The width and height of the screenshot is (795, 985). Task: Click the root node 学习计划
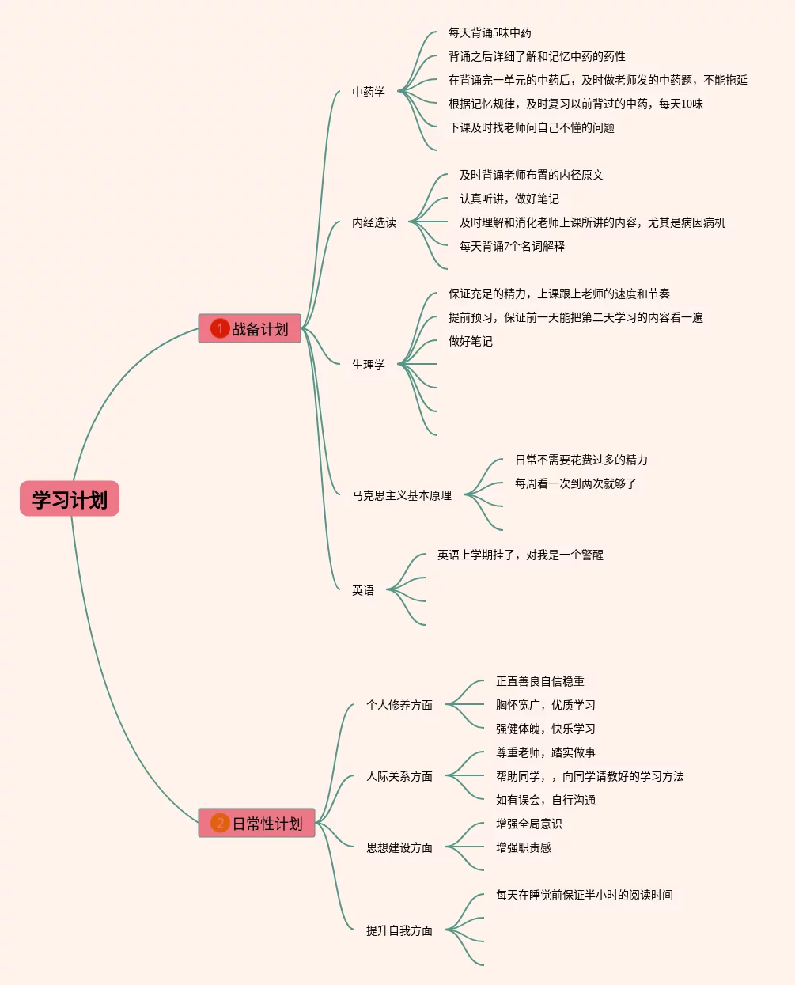click(70, 499)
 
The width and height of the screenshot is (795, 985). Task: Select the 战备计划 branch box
click(250, 328)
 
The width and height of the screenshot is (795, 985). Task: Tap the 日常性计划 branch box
click(256, 823)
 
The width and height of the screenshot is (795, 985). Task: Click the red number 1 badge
click(220, 328)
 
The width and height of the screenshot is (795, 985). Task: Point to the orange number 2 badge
click(220, 823)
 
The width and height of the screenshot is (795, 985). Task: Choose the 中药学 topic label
click(369, 92)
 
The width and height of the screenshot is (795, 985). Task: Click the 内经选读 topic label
click(374, 222)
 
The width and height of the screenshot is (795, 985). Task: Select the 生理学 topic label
click(369, 365)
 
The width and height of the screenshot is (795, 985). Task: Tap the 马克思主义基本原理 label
click(402, 495)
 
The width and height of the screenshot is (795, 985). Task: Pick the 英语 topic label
click(363, 590)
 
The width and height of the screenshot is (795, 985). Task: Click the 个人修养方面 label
click(399, 705)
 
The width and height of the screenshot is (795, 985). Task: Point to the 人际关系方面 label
click(399, 776)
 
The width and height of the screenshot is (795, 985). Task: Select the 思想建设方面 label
click(399, 847)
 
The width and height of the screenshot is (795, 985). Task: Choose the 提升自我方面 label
click(399, 930)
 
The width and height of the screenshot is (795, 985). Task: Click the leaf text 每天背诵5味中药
click(490, 32)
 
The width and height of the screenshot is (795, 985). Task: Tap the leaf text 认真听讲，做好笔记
click(509, 199)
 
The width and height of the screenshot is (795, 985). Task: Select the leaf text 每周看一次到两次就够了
click(576, 483)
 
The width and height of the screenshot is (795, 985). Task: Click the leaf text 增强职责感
click(524, 847)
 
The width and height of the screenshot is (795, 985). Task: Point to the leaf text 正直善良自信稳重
click(540, 681)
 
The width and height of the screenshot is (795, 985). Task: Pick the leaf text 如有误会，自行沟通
click(546, 800)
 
